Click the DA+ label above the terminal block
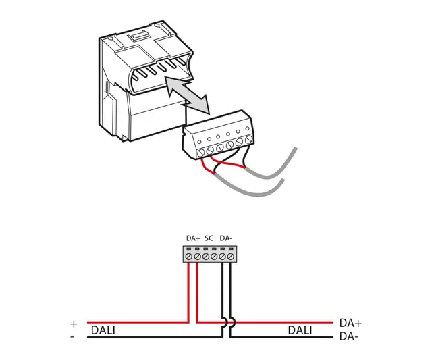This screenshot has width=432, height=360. coord(193,238)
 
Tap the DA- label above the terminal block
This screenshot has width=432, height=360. coord(226,238)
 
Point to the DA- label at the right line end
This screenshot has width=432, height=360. coord(348,336)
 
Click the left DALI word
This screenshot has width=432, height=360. coord(104,330)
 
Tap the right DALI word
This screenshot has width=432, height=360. coord(300,330)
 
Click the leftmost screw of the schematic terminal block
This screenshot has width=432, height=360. coord(189,257)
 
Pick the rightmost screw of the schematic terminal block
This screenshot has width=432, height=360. coord(231,257)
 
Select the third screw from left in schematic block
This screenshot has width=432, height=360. coord(206,257)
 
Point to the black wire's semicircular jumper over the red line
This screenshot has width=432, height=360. coord(226,322)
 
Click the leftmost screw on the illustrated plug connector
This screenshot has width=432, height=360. coord(201,153)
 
